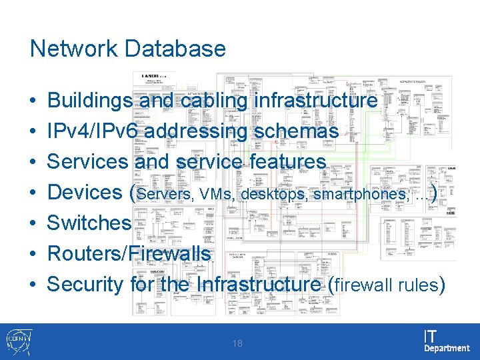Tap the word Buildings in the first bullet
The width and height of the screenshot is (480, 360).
[x=91, y=101]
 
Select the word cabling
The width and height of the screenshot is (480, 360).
[x=213, y=101]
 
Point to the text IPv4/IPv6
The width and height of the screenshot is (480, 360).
[x=93, y=131]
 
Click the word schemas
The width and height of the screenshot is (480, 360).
[x=296, y=131]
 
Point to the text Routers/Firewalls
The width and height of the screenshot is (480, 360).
[x=129, y=253]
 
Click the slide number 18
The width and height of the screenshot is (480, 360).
[x=239, y=344]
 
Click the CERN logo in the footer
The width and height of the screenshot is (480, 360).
[x=17, y=341]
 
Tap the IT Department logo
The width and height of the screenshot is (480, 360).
[x=445, y=341]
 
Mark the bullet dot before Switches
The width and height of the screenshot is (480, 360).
[x=33, y=223]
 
